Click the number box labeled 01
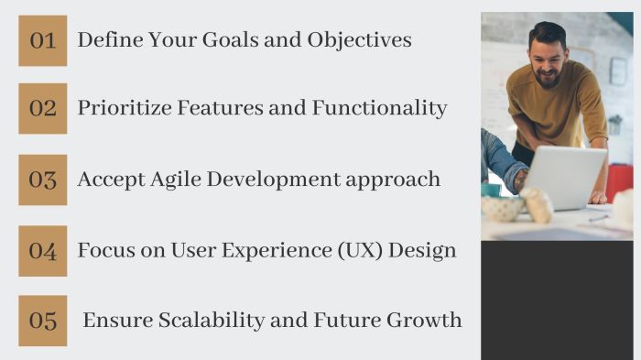click(42, 40)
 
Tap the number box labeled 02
click(42, 108)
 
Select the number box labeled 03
click(42, 179)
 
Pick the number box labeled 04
click(42, 250)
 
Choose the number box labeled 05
click(42, 321)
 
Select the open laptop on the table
click(562, 176)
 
